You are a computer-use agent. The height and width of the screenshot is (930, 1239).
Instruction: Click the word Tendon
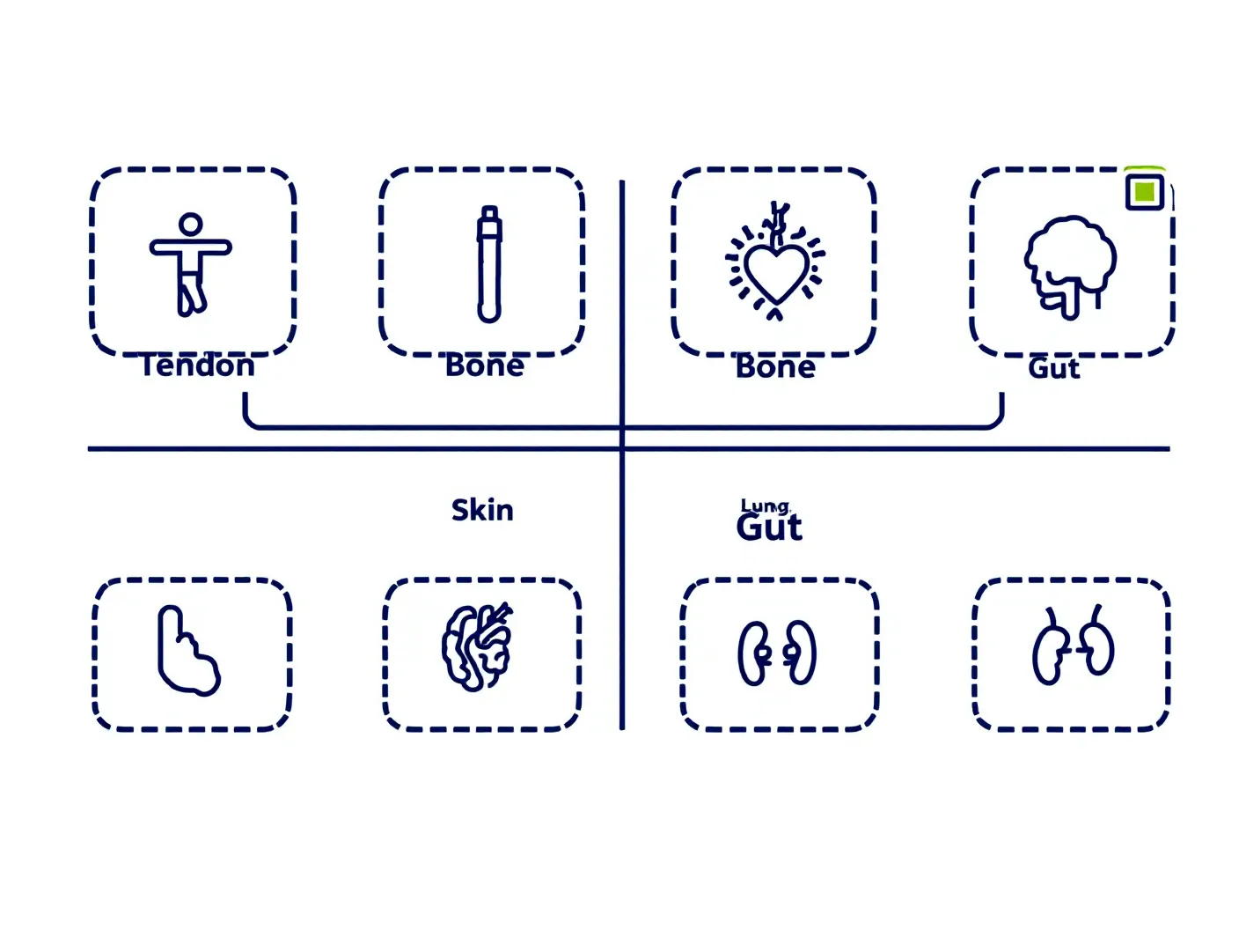(x=197, y=365)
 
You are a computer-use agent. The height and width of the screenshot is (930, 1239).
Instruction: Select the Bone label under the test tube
(x=484, y=365)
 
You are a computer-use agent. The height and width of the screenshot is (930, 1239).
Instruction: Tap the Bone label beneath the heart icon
(x=775, y=366)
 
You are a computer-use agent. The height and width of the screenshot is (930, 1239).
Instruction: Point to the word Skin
(x=482, y=510)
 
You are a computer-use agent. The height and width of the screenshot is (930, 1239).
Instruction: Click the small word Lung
(x=766, y=506)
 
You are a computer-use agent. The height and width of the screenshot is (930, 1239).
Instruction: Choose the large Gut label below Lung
(x=769, y=528)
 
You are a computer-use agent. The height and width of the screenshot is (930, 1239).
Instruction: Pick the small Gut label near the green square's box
(x=1053, y=369)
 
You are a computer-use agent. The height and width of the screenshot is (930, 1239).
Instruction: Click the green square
(x=1144, y=192)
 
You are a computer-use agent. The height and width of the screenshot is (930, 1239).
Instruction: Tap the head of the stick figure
(x=190, y=224)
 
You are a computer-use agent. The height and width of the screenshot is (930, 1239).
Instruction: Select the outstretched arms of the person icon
(x=190, y=247)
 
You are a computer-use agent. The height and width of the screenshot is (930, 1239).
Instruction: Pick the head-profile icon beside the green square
(x=1069, y=267)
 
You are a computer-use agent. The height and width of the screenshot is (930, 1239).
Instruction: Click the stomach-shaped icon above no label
(x=188, y=651)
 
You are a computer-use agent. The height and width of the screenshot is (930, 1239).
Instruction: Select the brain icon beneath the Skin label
(x=478, y=646)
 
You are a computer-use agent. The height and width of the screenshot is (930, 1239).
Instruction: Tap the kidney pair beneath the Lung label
(x=777, y=653)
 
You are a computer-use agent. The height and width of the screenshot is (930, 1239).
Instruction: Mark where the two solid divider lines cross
(x=621, y=449)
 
